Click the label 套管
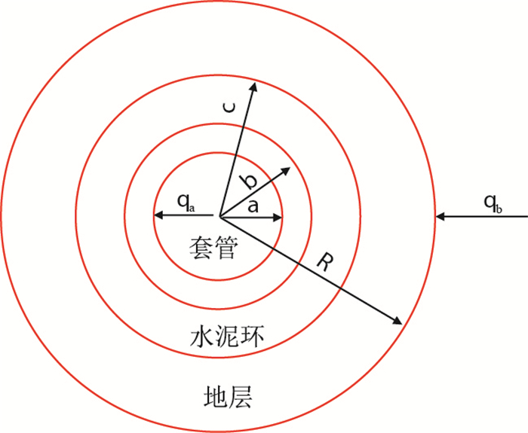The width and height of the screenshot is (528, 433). (213, 249)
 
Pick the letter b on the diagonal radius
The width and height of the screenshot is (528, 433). (247, 181)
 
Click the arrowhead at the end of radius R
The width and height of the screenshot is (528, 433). (397, 322)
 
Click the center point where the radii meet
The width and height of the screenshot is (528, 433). (219, 217)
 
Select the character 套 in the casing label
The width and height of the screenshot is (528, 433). (201, 249)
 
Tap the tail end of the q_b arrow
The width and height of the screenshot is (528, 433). (526, 218)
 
